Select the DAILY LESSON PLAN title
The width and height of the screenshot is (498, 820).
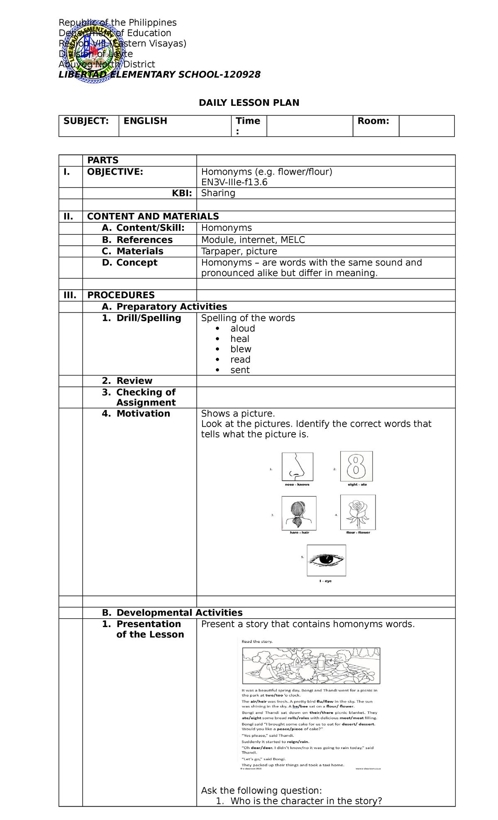(249, 102)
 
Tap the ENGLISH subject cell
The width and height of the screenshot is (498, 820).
(145, 121)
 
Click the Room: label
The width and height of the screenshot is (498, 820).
(373, 121)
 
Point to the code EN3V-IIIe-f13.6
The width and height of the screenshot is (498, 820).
(234, 182)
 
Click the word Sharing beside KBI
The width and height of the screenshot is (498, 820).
(218, 193)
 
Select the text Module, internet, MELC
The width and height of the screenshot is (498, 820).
(253, 240)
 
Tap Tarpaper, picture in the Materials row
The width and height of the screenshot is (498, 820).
(239, 251)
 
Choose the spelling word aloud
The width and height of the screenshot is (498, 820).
(243, 328)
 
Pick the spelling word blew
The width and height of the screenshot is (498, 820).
(241, 349)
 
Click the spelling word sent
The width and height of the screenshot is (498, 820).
(240, 370)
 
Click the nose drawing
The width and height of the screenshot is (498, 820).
(297, 466)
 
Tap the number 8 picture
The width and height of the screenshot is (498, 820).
(356, 466)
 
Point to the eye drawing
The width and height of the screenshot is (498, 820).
(326, 560)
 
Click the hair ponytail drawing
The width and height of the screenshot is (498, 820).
(299, 512)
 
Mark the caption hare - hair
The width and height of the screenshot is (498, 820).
(299, 532)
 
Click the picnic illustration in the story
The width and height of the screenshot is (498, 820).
(311, 666)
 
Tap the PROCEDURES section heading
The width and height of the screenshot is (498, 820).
(121, 295)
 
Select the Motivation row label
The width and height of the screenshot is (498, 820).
(143, 413)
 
